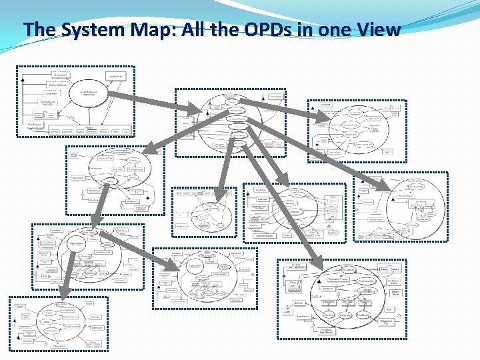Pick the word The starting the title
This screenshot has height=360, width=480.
pos(40,29)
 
